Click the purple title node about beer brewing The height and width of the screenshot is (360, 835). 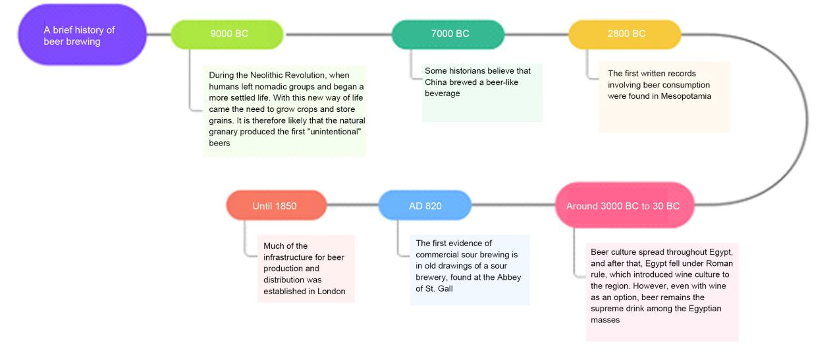(x=82, y=35)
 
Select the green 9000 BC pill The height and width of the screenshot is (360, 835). (x=227, y=34)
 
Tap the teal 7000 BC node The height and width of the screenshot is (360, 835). (x=448, y=34)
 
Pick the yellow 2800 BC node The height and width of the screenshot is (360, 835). (x=625, y=34)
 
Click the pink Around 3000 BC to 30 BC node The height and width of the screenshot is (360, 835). (x=625, y=205)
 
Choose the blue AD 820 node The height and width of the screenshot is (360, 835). (x=425, y=205)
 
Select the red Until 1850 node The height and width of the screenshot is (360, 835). (x=277, y=205)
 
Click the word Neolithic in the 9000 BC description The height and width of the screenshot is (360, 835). (x=265, y=75)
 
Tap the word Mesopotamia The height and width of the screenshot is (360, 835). (x=686, y=96)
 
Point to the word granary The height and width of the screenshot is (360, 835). (x=223, y=132)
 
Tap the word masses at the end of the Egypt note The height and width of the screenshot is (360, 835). (x=605, y=320)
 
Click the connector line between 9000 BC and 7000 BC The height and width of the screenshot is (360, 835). (x=338, y=35)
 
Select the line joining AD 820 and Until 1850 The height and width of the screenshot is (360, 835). (x=353, y=205)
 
